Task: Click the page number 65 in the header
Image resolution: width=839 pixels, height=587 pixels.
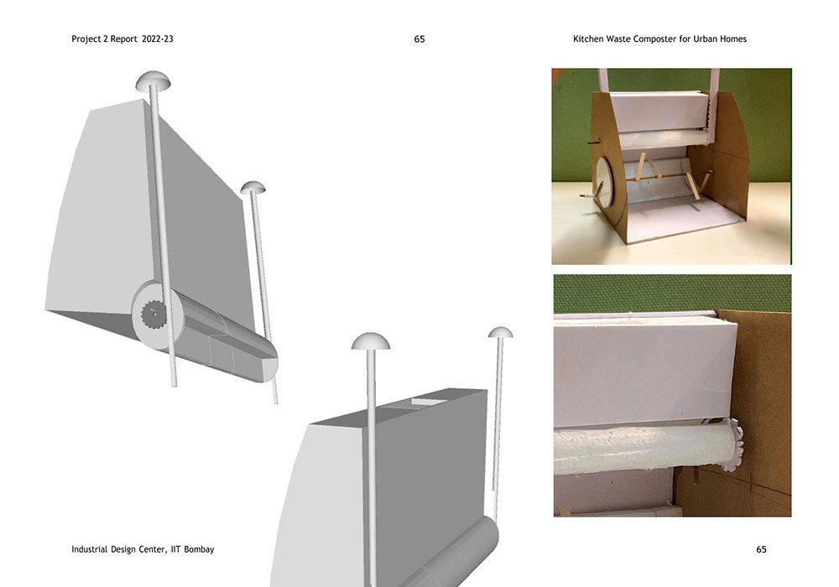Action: click(x=419, y=39)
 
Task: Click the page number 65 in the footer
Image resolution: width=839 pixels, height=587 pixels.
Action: click(x=762, y=549)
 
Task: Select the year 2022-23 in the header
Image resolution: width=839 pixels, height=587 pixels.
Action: click(x=158, y=39)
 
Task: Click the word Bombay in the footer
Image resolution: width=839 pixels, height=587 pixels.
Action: click(x=199, y=549)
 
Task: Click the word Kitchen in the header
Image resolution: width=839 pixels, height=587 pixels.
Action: click(x=588, y=39)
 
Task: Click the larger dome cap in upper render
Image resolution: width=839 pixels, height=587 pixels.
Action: click(x=154, y=81)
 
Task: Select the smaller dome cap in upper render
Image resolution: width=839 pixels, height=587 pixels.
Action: click(x=253, y=188)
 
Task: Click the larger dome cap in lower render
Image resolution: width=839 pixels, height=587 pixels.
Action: click(x=370, y=341)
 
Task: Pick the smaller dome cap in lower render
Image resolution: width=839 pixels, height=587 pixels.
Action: click(x=500, y=333)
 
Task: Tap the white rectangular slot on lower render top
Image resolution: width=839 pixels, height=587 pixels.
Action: click(x=425, y=403)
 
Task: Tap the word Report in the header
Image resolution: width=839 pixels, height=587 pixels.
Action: click(x=124, y=39)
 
